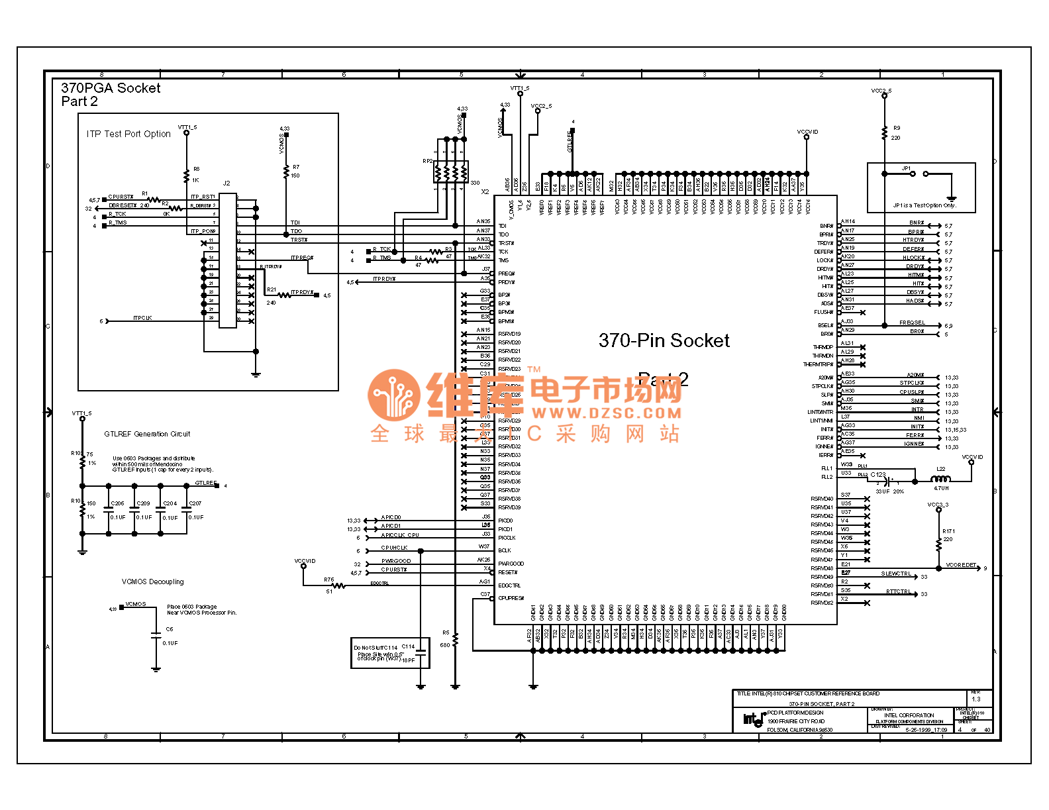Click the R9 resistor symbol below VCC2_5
pyautogui.click(x=884, y=132)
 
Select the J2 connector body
pyautogui.click(x=227, y=260)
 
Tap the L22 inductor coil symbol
pyautogui.click(x=940, y=479)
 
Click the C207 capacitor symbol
pyautogui.click(x=186, y=509)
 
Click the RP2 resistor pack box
pyautogui.click(x=451, y=172)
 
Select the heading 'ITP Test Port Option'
pyautogui.click(x=128, y=134)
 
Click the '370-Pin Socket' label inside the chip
pyautogui.click(x=664, y=340)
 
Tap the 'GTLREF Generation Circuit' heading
pyautogui.click(x=147, y=434)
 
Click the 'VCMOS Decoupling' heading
pyautogui.click(x=153, y=582)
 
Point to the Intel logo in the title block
pyautogui.click(x=754, y=719)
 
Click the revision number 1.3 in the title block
pyautogui.click(x=976, y=699)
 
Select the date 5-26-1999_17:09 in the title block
pyautogui.click(x=926, y=730)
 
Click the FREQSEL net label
pyautogui.click(x=912, y=323)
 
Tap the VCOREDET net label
pyautogui.click(x=961, y=565)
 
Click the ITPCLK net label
pyautogui.click(x=142, y=318)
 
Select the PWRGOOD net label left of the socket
pyautogui.click(x=396, y=561)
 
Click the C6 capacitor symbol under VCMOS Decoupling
pyautogui.click(x=156, y=636)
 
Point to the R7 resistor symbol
pyautogui.click(x=286, y=172)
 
